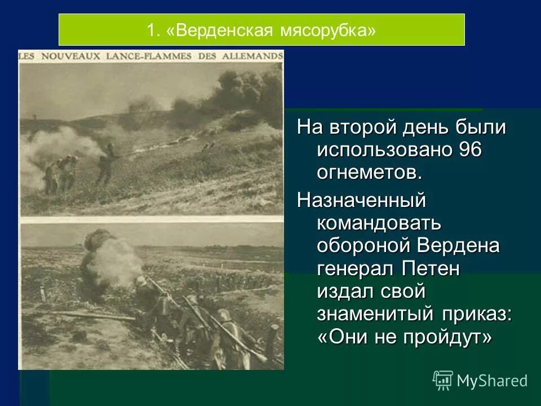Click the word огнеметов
click(x=370, y=173)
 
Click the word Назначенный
click(x=361, y=199)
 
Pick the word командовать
click(x=379, y=223)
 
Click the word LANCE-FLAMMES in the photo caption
click(x=144, y=56)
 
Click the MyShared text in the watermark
click(x=492, y=381)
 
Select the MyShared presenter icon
click(x=442, y=381)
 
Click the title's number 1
click(x=151, y=30)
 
